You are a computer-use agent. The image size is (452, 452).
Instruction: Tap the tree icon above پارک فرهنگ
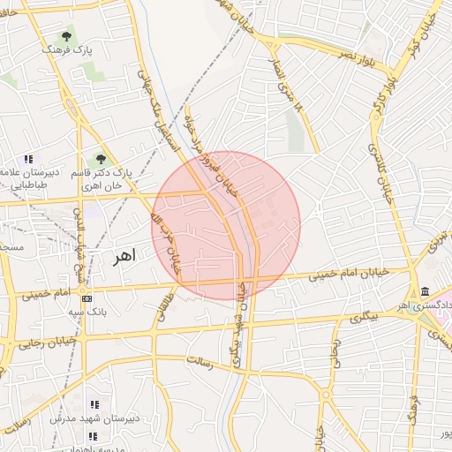(x=65, y=37)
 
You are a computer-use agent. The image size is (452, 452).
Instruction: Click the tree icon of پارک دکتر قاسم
(x=101, y=160)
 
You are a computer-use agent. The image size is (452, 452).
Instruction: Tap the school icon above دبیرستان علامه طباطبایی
(x=29, y=160)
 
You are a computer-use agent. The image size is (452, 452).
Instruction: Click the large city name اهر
(x=124, y=257)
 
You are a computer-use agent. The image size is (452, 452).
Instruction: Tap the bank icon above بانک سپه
(x=87, y=298)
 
